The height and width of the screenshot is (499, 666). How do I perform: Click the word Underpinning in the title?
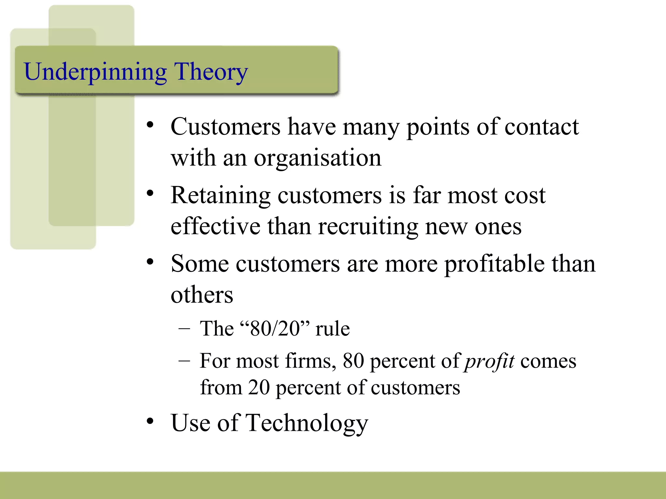tap(95, 72)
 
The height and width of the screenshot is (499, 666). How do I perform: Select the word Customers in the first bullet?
tap(225, 127)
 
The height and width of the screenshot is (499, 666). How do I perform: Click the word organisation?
tap(317, 158)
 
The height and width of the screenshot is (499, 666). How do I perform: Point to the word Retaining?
tap(220, 196)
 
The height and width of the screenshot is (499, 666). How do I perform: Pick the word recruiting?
tap(368, 227)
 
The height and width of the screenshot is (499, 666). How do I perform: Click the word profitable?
tap(494, 264)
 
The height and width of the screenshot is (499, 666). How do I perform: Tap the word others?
tap(202, 295)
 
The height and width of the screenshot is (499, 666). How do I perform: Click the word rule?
tap(332, 328)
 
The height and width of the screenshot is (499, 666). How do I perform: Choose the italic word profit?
tap(489, 361)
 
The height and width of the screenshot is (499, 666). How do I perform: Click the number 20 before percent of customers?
tap(259, 388)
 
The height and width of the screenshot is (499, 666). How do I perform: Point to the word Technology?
tap(307, 423)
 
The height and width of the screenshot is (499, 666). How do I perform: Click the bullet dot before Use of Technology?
tap(150, 421)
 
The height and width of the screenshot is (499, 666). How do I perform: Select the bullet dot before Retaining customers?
tap(150, 194)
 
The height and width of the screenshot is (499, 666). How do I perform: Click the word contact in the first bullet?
tap(541, 127)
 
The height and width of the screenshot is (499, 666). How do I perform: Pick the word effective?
tap(215, 227)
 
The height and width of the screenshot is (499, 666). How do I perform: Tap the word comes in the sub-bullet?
tap(548, 361)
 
